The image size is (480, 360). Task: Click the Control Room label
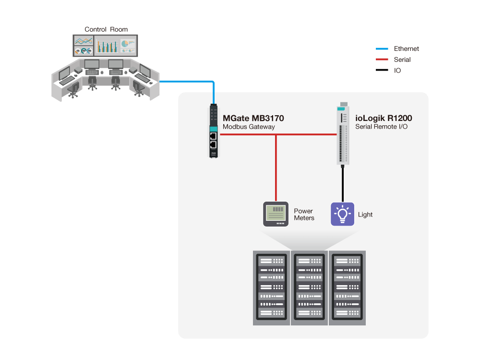106,29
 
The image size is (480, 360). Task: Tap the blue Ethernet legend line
382,48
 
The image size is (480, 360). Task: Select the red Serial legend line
382,60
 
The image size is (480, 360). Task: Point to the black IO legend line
382,71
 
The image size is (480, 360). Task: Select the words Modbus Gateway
249,127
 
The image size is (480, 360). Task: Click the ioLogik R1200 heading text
384,118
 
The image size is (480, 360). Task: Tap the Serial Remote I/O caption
381,127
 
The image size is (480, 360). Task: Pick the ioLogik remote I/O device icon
342,134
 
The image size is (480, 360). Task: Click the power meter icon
276,214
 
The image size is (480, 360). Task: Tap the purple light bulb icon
342,214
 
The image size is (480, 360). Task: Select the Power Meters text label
304,215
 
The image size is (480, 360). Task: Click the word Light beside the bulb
365,215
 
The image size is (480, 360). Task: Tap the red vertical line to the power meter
276,168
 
